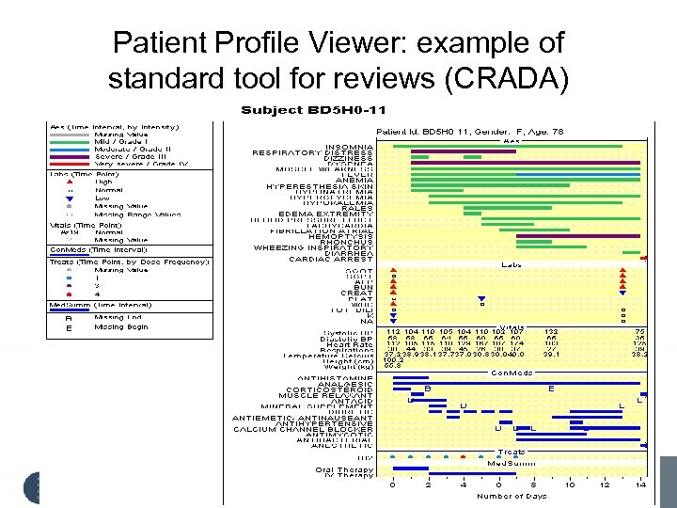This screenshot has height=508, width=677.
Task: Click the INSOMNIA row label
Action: [x=349, y=146]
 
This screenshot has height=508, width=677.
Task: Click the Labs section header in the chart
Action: [x=512, y=265]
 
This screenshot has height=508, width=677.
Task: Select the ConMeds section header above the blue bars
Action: [x=512, y=372]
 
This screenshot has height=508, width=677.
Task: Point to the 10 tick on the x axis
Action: [x=570, y=484]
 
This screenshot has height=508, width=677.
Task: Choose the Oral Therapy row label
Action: [x=344, y=468]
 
